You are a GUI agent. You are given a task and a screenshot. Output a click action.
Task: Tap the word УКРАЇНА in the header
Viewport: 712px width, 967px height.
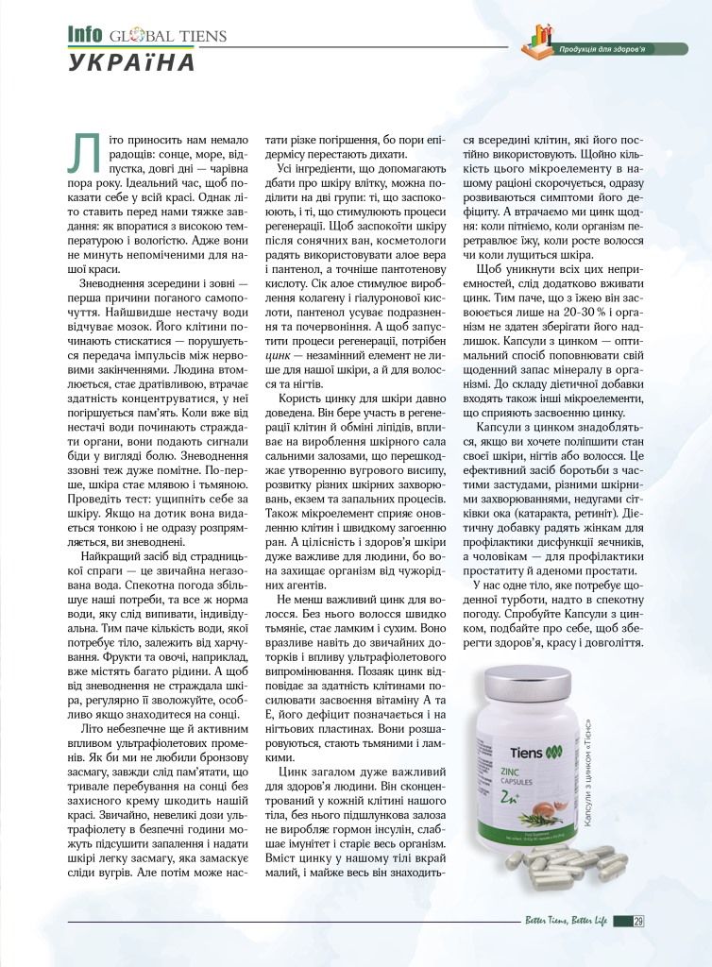pyautogui.click(x=131, y=63)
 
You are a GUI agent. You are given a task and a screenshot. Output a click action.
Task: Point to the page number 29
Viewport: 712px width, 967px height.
pyautogui.click(x=639, y=923)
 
